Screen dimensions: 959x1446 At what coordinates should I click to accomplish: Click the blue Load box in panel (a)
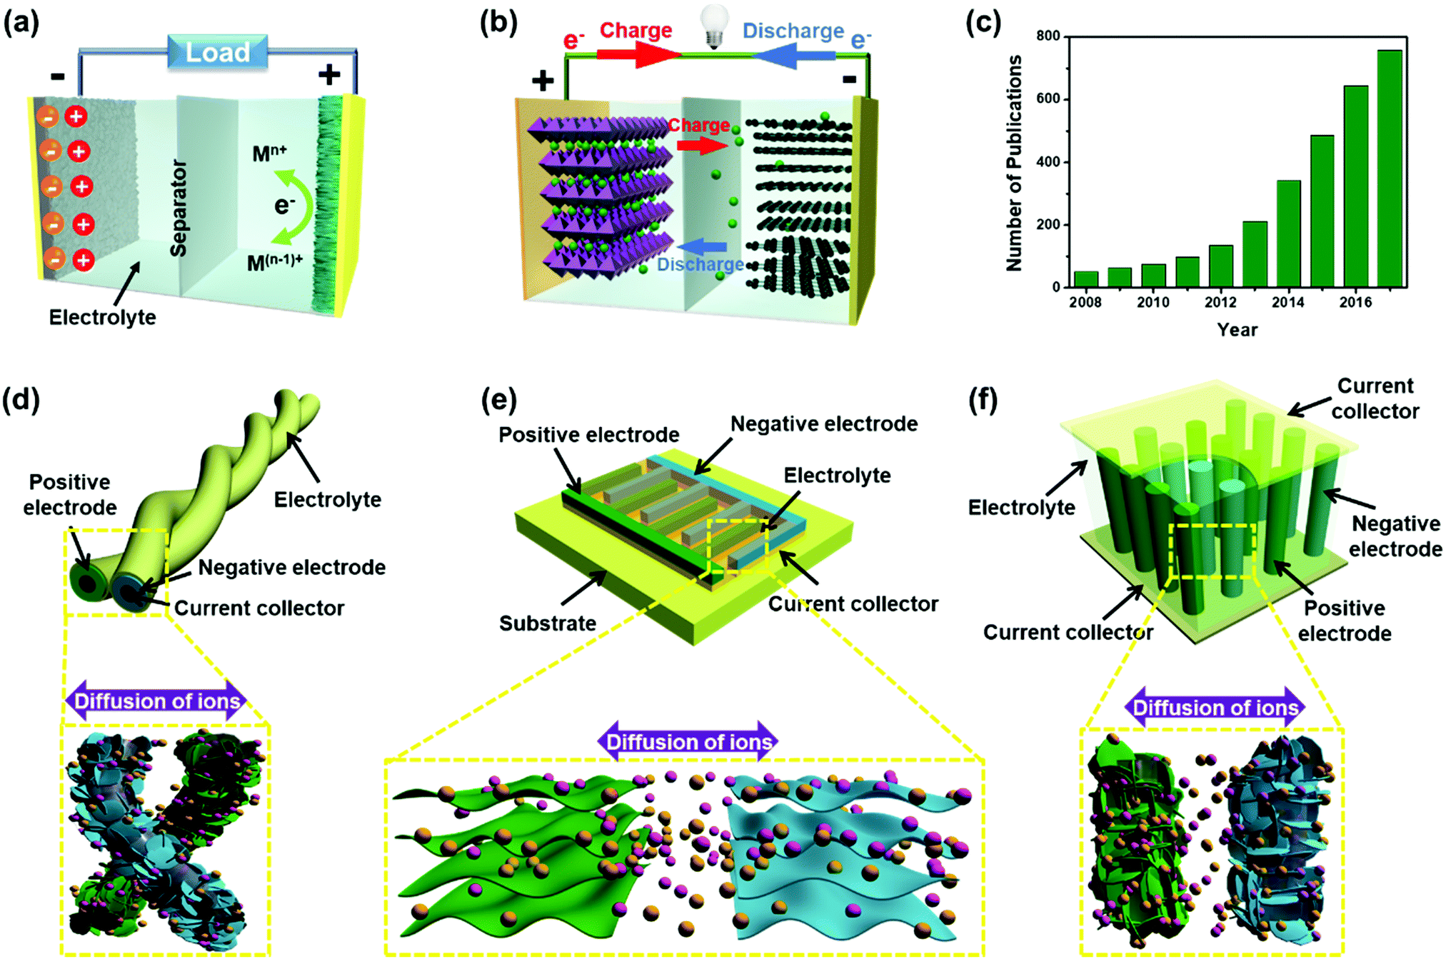(218, 52)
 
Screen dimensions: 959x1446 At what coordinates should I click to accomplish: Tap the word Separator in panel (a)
(178, 208)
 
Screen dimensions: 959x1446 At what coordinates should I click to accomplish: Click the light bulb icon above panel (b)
(713, 26)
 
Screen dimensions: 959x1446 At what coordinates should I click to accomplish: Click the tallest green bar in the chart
(1389, 169)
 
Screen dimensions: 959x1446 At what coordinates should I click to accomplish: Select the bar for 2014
(1288, 234)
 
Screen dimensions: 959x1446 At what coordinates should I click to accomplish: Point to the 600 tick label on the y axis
(1048, 99)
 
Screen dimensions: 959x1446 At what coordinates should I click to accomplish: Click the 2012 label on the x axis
(1220, 302)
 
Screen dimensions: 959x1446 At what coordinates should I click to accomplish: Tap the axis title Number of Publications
(1013, 163)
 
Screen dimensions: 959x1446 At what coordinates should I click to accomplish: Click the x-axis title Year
(1237, 330)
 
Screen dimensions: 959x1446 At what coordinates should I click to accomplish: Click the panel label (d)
(21, 400)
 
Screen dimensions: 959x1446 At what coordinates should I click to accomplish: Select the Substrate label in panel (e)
(547, 623)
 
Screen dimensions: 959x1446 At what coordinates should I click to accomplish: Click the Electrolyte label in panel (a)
(102, 317)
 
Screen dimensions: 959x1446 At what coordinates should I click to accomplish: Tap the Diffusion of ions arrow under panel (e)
(688, 742)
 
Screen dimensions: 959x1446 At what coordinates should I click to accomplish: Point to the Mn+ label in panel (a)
(269, 153)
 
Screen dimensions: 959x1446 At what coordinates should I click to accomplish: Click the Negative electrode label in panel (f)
(1395, 536)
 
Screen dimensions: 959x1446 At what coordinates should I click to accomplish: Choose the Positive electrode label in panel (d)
(69, 494)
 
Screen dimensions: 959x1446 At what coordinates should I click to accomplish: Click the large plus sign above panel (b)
(543, 79)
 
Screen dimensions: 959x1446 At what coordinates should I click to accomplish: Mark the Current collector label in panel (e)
(853, 604)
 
